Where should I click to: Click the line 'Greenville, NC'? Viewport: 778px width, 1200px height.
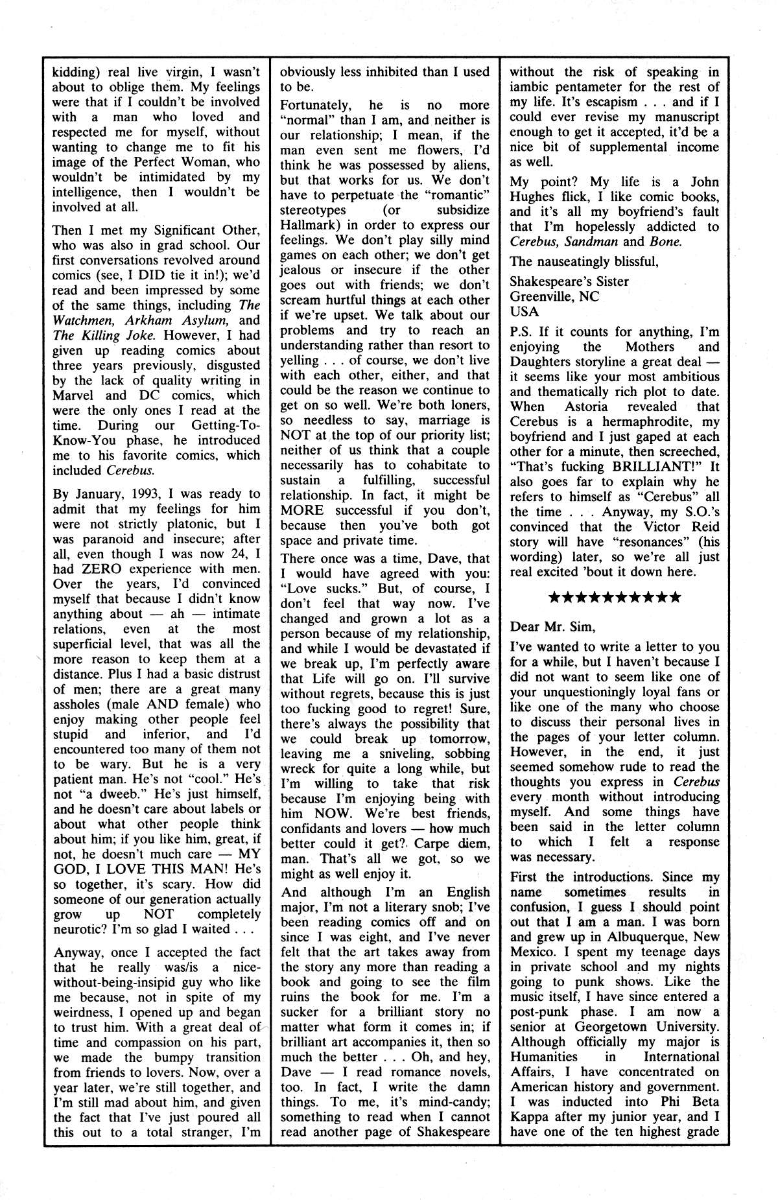point(554,296)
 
